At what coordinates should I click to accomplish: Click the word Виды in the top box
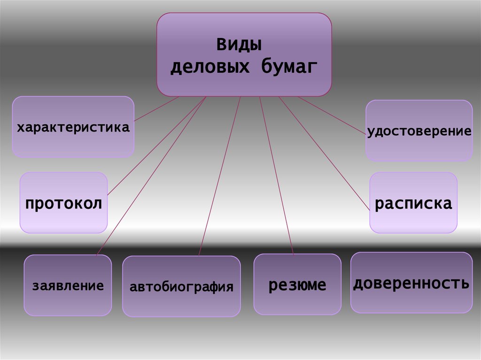239,46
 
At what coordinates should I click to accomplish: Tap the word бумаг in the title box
287,67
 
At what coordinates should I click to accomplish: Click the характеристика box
73,127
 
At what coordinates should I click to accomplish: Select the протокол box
63,203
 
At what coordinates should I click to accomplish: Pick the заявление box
68,285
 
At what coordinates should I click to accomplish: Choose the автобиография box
181,286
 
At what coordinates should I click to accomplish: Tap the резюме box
297,284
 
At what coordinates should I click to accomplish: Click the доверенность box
411,283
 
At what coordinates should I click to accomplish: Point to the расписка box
413,203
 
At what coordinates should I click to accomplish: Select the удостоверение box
419,131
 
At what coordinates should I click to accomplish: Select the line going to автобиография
220,176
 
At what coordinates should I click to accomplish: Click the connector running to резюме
277,176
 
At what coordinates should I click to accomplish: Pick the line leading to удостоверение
331,115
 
